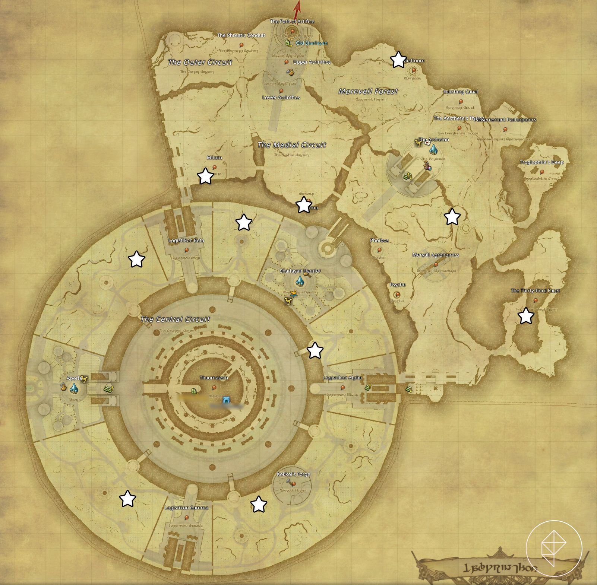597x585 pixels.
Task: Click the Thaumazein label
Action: (x=214, y=378)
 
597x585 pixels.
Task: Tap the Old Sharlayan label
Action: (x=312, y=43)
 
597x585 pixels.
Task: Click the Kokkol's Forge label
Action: (x=293, y=474)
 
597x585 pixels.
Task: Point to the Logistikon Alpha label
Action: (x=342, y=378)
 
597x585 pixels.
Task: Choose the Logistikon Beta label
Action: (x=186, y=240)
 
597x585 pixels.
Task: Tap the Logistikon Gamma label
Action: (x=186, y=508)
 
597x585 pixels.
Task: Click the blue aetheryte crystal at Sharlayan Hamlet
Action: (x=299, y=280)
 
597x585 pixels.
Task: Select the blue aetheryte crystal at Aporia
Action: (x=74, y=388)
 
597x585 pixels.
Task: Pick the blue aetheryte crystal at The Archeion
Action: (x=433, y=149)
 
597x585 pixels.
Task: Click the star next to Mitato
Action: (x=205, y=176)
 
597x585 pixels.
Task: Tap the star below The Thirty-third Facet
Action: (x=526, y=316)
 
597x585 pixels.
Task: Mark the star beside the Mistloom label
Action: (x=398, y=60)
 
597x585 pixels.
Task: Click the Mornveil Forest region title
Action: (x=368, y=91)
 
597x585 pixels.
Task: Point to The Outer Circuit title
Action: (x=200, y=62)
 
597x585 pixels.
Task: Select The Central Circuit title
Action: (x=175, y=319)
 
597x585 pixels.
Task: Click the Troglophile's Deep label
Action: (x=541, y=162)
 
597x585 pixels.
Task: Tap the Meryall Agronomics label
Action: (x=435, y=255)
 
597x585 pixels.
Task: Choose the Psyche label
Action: (x=398, y=284)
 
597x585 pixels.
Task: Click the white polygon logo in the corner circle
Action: (x=553, y=547)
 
